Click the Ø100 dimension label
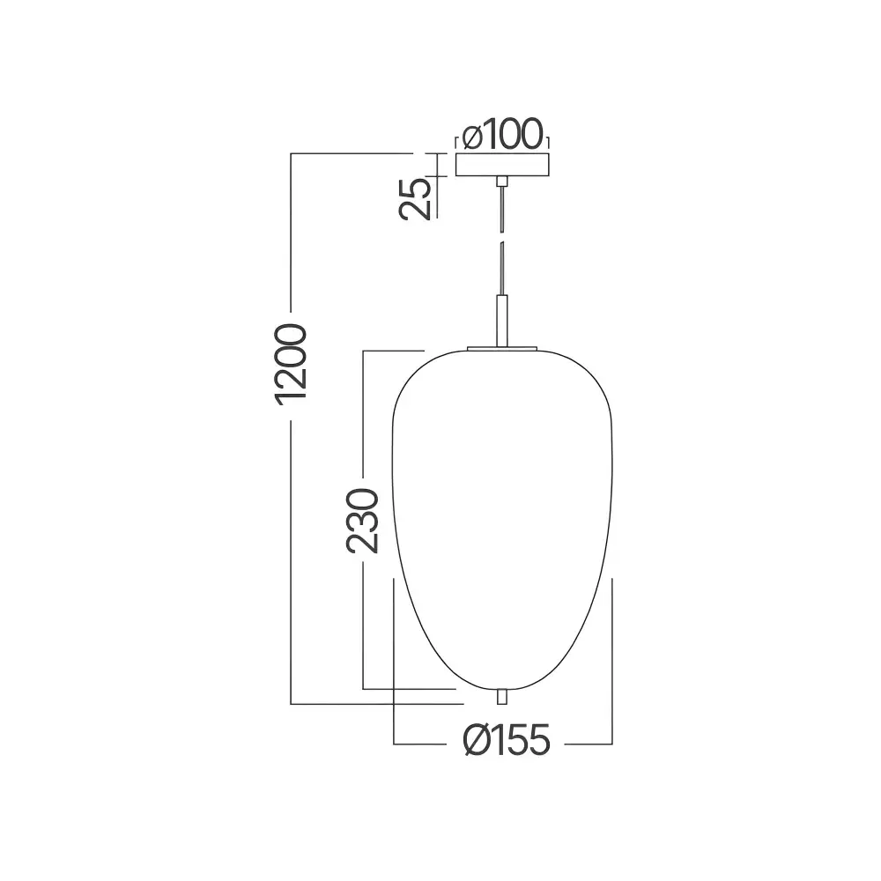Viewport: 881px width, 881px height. pyautogui.click(x=503, y=135)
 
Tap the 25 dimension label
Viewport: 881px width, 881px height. pyautogui.click(x=416, y=198)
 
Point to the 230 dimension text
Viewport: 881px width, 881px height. pyautogui.click(x=362, y=521)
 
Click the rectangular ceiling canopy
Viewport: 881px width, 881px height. pyautogui.click(x=502, y=165)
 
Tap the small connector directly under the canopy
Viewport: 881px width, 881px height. pyautogui.click(x=502, y=181)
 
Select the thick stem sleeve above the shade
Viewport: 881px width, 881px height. pyautogui.click(x=502, y=321)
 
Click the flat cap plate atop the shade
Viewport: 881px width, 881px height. pyautogui.click(x=502, y=349)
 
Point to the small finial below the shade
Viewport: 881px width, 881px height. pyautogui.click(x=502, y=696)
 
